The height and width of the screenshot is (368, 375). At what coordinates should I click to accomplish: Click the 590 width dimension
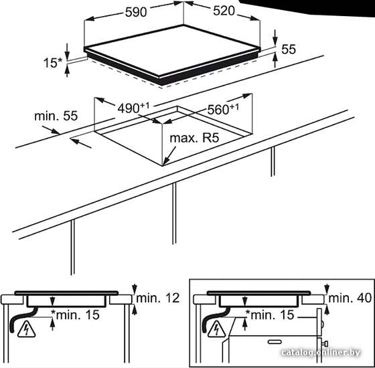pos(135,12)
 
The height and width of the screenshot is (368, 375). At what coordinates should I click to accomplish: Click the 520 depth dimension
pos(224,11)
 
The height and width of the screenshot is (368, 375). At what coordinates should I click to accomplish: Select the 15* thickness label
pos(53,63)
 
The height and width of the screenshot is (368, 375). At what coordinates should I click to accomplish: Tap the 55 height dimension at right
pos(289,50)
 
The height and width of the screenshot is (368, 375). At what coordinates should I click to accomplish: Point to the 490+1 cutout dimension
pos(133,108)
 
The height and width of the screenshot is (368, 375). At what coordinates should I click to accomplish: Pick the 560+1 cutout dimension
pos(223,109)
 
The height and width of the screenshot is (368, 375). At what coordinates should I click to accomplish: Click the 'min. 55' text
pos(56,116)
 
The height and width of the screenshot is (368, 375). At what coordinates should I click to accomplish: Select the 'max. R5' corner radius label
pos(194,138)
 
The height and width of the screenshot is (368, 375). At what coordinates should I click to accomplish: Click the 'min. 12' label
pos(157,298)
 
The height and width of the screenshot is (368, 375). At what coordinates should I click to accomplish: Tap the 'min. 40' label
pos(350,298)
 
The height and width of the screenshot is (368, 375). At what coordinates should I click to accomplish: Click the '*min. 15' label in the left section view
pos(75,314)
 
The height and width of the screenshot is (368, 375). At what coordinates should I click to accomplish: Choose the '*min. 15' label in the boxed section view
pos(270,314)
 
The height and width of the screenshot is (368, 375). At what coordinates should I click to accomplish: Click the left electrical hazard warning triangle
pos(26,329)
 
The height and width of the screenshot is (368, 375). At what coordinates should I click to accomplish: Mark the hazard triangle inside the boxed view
pos(216,329)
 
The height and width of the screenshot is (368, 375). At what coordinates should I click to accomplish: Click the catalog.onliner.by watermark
pos(321,353)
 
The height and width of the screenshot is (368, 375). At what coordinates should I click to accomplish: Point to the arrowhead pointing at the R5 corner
pos(166,161)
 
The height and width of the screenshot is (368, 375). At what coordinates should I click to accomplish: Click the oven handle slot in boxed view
pos(275,342)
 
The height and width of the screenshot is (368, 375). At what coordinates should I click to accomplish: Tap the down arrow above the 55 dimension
pos(275,37)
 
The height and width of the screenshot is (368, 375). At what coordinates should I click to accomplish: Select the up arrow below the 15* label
pos(67,71)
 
